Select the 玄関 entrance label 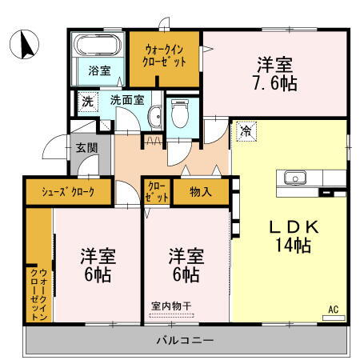click(86, 147)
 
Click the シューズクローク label click(69, 192)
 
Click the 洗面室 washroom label click(127, 101)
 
